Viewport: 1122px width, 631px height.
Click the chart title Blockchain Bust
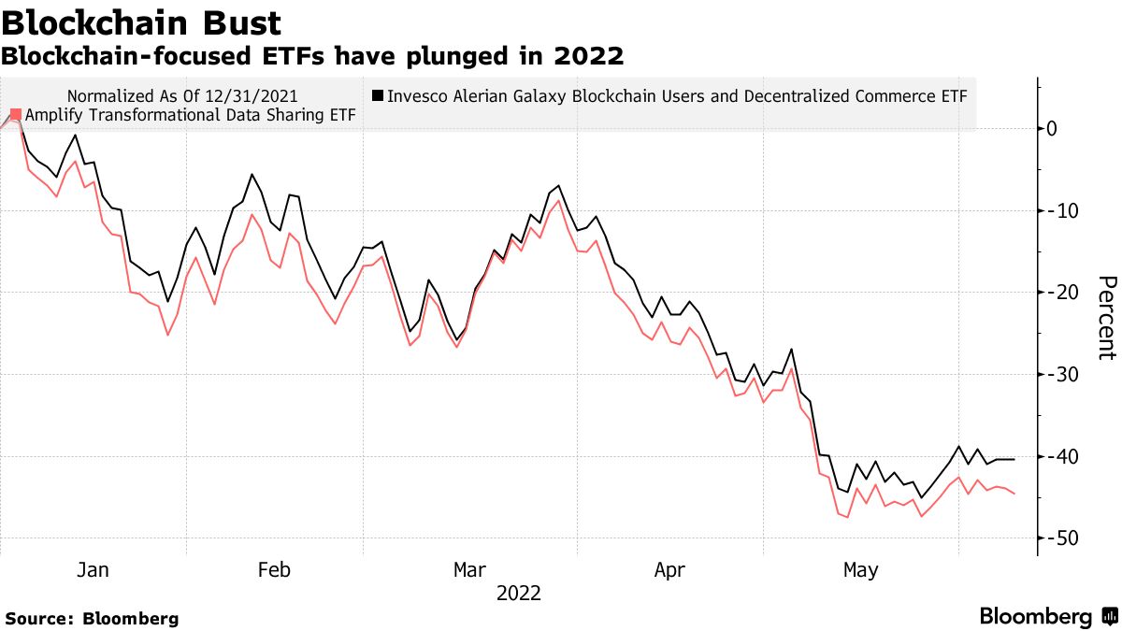[x=141, y=22]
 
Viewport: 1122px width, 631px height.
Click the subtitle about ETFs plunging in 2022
[x=312, y=57]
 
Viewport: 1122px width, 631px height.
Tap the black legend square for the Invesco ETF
[x=378, y=95]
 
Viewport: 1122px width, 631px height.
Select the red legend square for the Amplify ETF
[x=15, y=115]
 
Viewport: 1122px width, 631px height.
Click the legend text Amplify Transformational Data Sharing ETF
[x=190, y=115]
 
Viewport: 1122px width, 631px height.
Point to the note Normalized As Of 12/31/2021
[x=183, y=95]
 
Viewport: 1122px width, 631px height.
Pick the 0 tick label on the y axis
[x=1052, y=129]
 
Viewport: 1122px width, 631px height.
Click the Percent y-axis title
[x=1106, y=318]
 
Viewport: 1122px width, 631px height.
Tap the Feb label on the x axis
[x=274, y=569]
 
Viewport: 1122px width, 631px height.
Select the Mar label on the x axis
[x=468, y=569]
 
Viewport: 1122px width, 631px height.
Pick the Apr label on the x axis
[x=670, y=569]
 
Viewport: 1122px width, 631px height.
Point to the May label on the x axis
[x=860, y=569]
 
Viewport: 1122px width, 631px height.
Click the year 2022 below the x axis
[x=518, y=593]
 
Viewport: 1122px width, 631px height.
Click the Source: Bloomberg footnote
[x=92, y=618]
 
